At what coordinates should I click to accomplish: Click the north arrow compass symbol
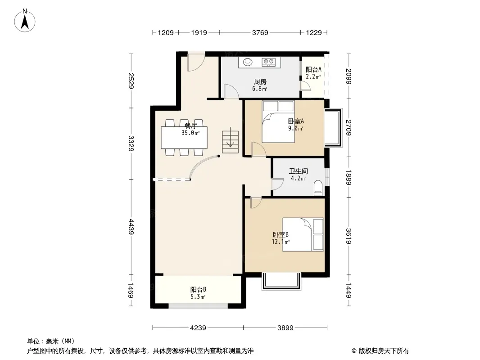click(x=25, y=21)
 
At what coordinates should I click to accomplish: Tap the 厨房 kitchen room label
click(x=260, y=81)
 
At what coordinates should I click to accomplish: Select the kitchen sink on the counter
click(x=248, y=62)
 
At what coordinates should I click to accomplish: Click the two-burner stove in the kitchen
click(x=268, y=62)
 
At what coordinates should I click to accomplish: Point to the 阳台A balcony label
click(x=313, y=70)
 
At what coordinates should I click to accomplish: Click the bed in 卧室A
click(x=278, y=122)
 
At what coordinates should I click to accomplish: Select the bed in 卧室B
click(x=303, y=234)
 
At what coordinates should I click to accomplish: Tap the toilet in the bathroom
click(x=318, y=188)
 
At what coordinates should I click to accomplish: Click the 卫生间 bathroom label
click(x=298, y=171)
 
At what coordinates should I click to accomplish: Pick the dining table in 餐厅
click(x=184, y=138)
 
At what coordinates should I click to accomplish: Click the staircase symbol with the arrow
click(x=230, y=142)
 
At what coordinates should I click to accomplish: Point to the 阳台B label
click(x=198, y=289)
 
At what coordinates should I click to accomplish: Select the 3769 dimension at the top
click(x=260, y=32)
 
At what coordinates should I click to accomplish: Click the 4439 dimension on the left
click(x=131, y=227)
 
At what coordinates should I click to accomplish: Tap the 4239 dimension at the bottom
click(x=198, y=328)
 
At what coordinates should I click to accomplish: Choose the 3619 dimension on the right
click(x=349, y=236)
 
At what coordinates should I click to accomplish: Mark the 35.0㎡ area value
click(x=190, y=133)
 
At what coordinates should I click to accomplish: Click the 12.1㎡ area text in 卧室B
click(x=281, y=242)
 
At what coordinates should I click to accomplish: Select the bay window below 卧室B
click(x=281, y=281)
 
